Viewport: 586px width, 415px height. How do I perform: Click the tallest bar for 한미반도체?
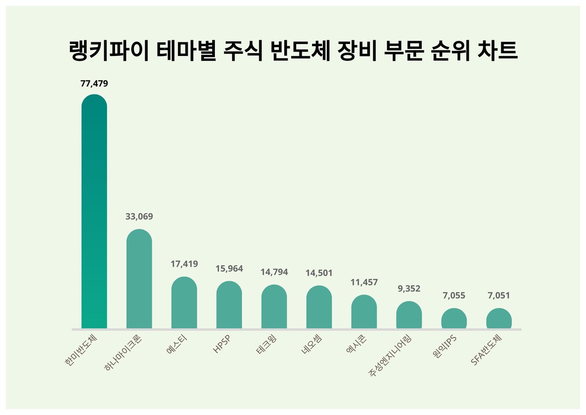[94, 212]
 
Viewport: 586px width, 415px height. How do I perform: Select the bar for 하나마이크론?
[139, 279]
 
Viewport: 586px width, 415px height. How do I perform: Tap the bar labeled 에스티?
[184, 303]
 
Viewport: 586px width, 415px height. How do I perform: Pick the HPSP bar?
[229, 305]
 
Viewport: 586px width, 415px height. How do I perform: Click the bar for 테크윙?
[274, 307]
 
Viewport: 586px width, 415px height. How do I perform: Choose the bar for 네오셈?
[319, 307]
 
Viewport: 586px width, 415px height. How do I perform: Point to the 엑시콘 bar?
[364, 312]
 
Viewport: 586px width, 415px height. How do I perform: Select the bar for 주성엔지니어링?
[409, 315]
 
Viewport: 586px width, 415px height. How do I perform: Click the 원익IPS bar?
[454, 319]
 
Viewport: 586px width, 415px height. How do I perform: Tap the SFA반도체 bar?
[499, 319]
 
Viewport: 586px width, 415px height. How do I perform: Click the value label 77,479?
[94, 84]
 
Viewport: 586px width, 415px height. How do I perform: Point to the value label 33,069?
[139, 216]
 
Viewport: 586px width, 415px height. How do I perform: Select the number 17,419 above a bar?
[184, 264]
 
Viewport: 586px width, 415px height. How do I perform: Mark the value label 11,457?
[364, 282]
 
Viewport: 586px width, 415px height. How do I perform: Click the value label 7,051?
[499, 295]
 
